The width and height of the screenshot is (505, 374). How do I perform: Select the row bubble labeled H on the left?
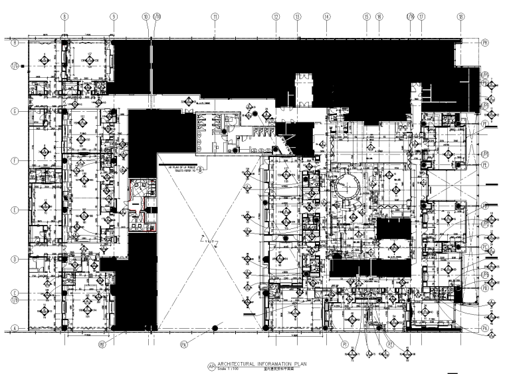click(13, 41)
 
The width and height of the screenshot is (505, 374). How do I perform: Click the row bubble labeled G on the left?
click(13, 111)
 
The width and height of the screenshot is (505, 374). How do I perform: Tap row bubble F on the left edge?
click(13, 161)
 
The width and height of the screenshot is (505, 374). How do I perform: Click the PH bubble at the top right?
click(486, 41)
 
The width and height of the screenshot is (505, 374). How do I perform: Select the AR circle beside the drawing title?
click(212, 366)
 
